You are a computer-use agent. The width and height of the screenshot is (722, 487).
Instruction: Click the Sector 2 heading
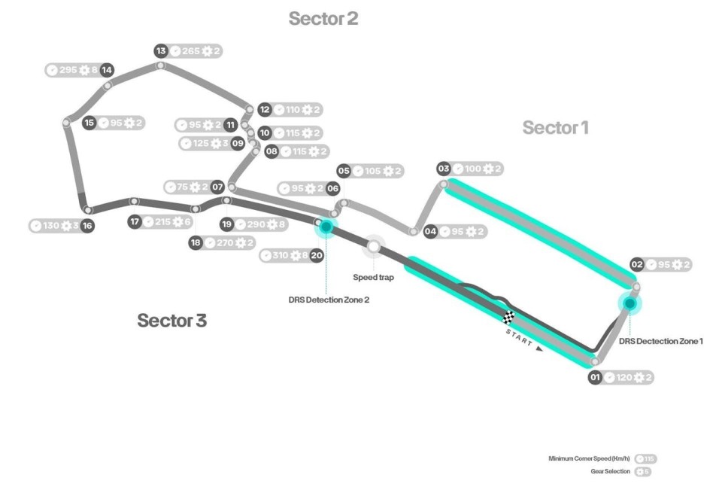tap(323, 20)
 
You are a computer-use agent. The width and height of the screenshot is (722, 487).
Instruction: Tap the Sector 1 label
tap(556, 128)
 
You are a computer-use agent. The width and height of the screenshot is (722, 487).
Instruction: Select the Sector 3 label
tap(171, 321)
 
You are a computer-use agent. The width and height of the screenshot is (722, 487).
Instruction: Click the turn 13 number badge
tap(161, 51)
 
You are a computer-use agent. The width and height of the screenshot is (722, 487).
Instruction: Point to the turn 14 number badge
tap(108, 70)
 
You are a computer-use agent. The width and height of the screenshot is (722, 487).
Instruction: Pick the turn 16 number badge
tap(87, 226)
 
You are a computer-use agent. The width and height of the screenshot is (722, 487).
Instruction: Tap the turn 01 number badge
tap(595, 378)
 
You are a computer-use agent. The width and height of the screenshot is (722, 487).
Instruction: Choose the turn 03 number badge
tap(444, 169)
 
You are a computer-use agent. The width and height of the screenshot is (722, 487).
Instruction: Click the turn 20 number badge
tap(317, 256)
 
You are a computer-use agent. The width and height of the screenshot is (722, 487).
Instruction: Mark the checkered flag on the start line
tap(509, 316)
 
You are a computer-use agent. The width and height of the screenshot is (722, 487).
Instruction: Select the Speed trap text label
tap(373, 277)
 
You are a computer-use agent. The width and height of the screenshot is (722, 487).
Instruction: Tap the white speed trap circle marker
tap(374, 245)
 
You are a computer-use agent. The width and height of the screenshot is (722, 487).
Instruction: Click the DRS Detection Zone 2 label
tap(329, 300)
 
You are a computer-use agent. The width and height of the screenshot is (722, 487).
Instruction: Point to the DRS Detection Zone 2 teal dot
tap(326, 226)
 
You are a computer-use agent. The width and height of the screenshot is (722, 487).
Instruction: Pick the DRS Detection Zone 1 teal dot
tap(629, 305)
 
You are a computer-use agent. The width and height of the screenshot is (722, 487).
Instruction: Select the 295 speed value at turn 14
tap(68, 70)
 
